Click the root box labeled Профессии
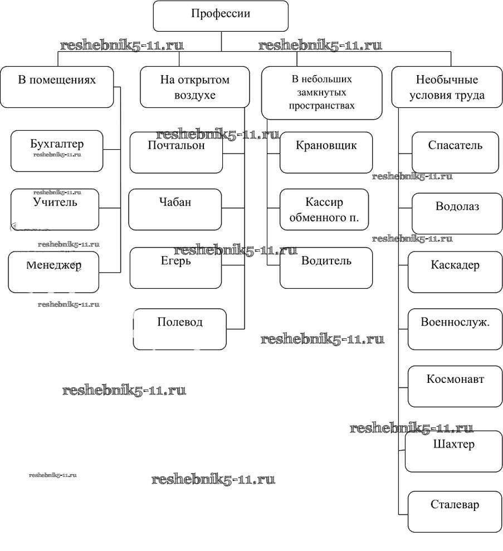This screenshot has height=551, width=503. click(221, 16)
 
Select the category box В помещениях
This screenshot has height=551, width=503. click(57, 86)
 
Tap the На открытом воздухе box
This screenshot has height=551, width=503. click(194, 87)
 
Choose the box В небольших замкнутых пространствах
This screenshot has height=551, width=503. click(322, 93)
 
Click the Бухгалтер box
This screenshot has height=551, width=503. click(57, 151)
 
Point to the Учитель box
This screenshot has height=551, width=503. click(55, 209)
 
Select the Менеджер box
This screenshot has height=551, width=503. click(53, 272)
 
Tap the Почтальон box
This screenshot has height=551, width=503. click(176, 152)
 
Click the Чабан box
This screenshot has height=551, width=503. click(175, 209)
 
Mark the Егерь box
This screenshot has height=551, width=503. click(175, 268)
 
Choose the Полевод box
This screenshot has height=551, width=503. click(180, 329)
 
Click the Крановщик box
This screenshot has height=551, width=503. click(326, 152)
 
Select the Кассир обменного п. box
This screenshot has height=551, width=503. click(324, 209)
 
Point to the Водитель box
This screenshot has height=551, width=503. click(326, 268)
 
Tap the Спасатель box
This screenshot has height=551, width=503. click(455, 152)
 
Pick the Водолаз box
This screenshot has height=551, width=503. click(457, 213)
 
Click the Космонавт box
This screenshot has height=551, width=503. click(455, 386)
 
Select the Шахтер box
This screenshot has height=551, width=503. click(453, 451)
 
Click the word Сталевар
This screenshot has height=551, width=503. click(455, 505)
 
